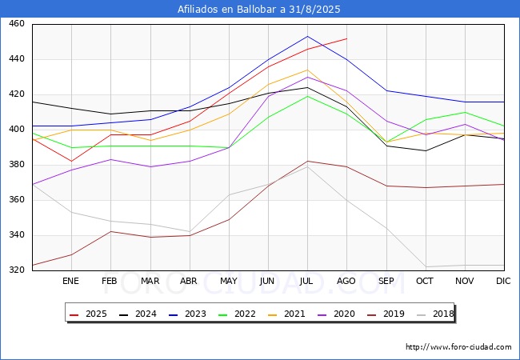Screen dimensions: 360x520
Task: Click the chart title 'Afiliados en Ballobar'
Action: click(x=260, y=10)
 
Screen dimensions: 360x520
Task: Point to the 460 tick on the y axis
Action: click(x=17, y=24)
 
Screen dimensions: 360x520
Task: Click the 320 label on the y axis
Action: click(x=17, y=270)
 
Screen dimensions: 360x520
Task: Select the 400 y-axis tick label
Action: click(x=17, y=130)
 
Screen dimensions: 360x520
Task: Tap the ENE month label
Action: click(x=71, y=282)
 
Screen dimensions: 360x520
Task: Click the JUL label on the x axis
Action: click(x=306, y=282)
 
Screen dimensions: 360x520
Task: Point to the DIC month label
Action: click(x=503, y=282)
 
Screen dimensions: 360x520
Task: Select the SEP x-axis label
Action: click(x=386, y=282)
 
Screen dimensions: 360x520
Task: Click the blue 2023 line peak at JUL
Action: click(x=307, y=36)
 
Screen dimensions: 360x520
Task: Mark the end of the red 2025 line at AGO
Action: click(x=346, y=38)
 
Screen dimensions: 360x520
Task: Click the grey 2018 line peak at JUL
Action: click(x=307, y=166)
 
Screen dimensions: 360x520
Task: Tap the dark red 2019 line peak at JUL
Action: click(x=307, y=162)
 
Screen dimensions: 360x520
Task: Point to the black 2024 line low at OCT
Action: click(x=425, y=150)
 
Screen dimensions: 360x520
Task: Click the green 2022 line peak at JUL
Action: click(x=307, y=96)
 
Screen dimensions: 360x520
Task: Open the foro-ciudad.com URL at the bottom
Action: click(x=458, y=347)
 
